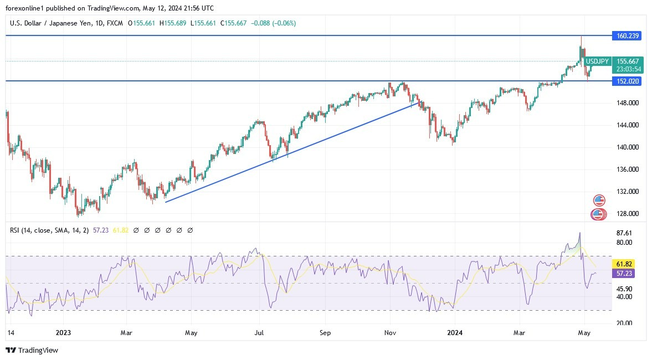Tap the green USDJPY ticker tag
tap(598, 61)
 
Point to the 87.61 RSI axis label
tap(624, 233)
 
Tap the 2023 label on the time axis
tap(64, 333)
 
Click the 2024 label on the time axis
tap(455, 333)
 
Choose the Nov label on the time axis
tap(391, 333)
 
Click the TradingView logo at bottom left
tap(32, 350)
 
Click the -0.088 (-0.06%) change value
tap(274, 23)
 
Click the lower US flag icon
tap(598, 214)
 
